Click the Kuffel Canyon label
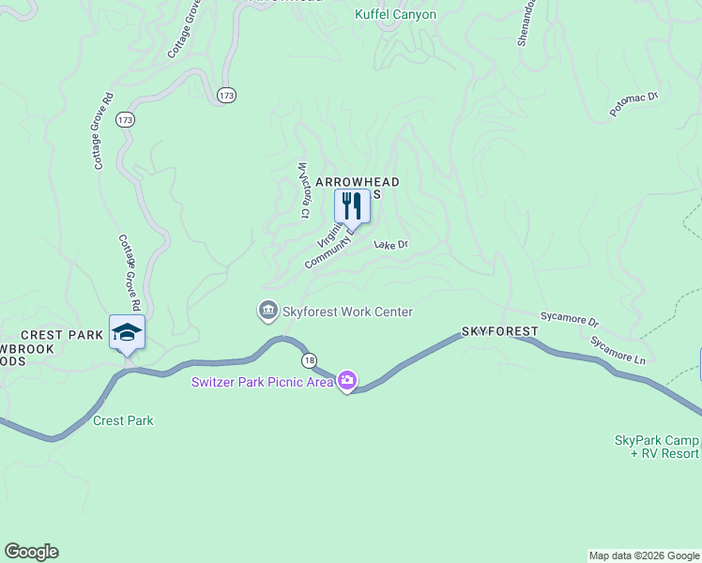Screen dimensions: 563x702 pyautogui.click(x=395, y=14)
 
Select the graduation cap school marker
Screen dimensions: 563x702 pyautogui.click(x=127, y=332)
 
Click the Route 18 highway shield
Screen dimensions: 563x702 pyautogui.click(x=308, y=360)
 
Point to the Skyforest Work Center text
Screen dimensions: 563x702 pyautogui.click(x=347, y=312)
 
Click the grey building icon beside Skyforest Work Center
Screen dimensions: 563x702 pyautogui.click(x=268, y=311)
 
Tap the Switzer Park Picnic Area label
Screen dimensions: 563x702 pyautogui.click(x=263, y=381)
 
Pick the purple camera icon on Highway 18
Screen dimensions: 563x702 pyautogui.click(x=347, y=380)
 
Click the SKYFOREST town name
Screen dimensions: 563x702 pyautogui.click(x=499, y=332)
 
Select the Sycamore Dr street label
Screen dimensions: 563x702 pyautogui.click(x=569, y=319)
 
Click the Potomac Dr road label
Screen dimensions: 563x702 pyautogui.click(x=634, y=103)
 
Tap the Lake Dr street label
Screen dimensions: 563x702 pyautogui.click(x=391, y=245)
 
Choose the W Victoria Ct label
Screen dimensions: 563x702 pyautogui.click(x=303, y=190)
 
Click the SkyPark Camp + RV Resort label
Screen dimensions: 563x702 pyautogui.click(x=657, y=447)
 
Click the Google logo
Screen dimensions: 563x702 pyautogui.click(x=31, y=551)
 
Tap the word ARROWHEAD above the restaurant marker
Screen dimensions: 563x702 pyautogui.click(x=358, y=181)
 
